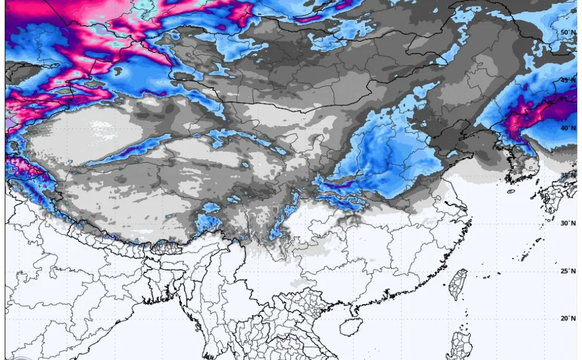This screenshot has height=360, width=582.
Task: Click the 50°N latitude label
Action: click(567, 32)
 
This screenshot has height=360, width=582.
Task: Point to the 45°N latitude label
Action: click(567, 80)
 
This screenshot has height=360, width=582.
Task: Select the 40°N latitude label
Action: click(567, 127)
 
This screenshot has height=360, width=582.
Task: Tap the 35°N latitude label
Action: click(567, 175)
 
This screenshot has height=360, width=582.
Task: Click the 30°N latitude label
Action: click(567, 223)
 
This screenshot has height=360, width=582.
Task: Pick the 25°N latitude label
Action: click(567, 270)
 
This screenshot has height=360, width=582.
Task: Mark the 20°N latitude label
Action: click(567, 318)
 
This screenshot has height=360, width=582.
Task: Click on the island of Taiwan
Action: click(459, 284)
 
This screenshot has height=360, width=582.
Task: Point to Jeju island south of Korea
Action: click(511, 191)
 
